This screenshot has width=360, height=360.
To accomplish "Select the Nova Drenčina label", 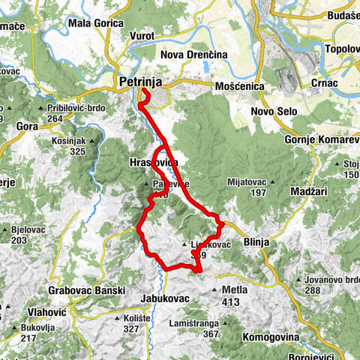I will [193, 55].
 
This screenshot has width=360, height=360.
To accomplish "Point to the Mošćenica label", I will [240, 86].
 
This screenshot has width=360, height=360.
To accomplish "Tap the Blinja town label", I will [257, 242].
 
